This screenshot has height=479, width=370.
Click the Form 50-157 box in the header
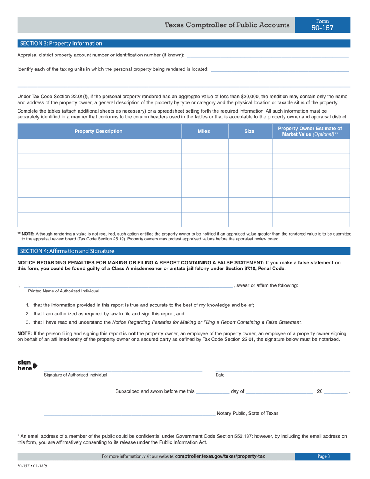(x=322, y=25)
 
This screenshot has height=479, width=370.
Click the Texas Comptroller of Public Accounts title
(x=227, y=25)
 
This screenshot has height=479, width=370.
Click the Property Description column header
(x=99, y=132)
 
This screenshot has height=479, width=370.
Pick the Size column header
(x=249, y=132)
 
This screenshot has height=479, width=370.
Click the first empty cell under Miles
(x=205, y=146)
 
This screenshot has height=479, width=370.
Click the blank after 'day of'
(x=279, y=392)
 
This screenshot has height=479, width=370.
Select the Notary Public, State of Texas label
(x=247, y=414)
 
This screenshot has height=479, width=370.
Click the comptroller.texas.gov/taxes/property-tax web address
(x=220, y=456)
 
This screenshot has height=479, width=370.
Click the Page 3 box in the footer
(x=322, y=456)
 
